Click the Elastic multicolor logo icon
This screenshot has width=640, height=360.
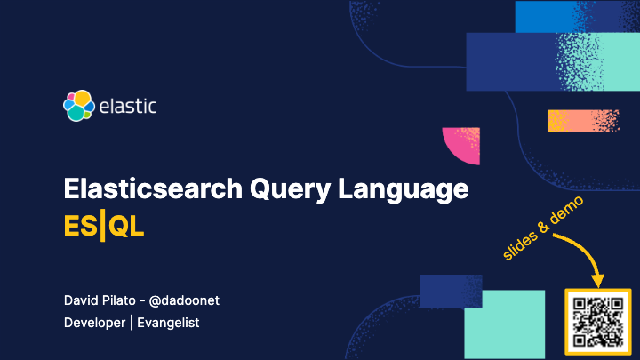pos(78,106)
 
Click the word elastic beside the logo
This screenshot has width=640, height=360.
pos(128,107)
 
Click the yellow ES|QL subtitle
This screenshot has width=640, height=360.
pos(104,226)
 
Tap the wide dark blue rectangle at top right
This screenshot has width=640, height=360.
pos(516,61)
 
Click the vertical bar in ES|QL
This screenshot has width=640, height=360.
pos(102,226)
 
